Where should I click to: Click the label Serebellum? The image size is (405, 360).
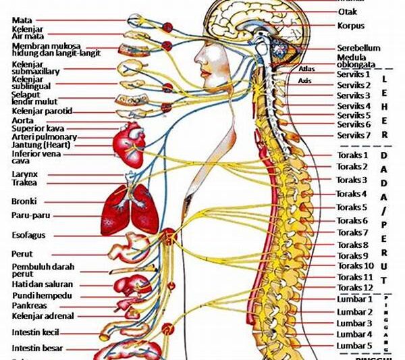(x=358, y=48)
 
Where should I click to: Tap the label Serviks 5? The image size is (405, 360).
(x=354, y=115)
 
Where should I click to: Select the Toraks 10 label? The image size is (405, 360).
(x=354, y=266)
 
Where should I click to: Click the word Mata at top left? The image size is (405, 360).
(x=22, y=20)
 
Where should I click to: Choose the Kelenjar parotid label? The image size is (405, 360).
(x=41, y=110)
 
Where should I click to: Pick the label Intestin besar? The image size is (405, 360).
(x=37, y=349)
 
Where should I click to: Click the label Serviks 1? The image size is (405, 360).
(x=354, y=75)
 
